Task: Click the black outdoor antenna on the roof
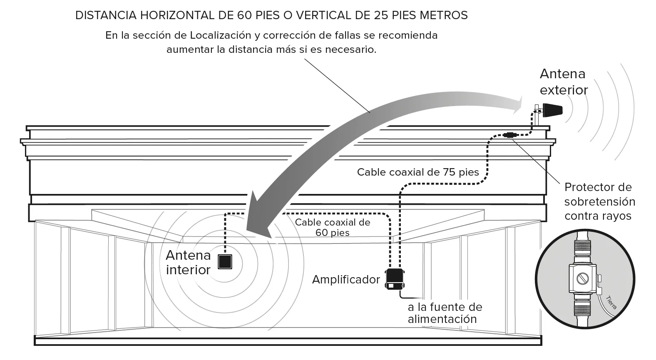553,110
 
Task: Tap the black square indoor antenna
225,262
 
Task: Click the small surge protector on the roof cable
510,135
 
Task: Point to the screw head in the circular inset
582,278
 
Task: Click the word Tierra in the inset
611,303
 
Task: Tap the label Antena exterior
564,82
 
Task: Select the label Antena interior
188,263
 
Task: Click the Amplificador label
346,279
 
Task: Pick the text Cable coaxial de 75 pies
418,172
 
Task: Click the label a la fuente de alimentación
445,313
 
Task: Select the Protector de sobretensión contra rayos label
600,201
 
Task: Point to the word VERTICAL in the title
323,15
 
